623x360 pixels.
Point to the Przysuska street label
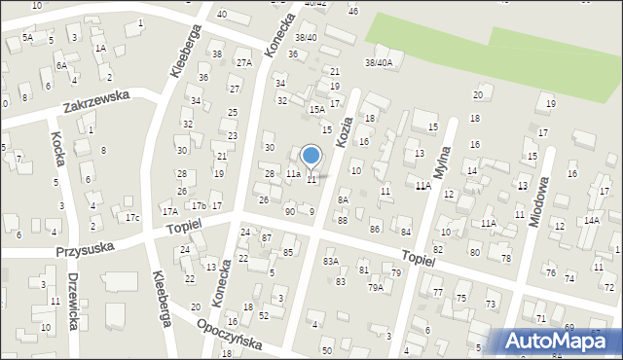click(85, 247)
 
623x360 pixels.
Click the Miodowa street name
click(537, 200)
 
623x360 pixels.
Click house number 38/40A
click(378, 62)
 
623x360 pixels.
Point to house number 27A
click(243, 62)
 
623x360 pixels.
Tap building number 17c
click(131, 216)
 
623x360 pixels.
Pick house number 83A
click(331, 261)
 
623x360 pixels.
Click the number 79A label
click(375, 287)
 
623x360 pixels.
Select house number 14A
click(591, 220)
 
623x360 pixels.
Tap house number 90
click(289, 211)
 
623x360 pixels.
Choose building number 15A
click(316, 110)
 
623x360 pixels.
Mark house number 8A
click(343, 199)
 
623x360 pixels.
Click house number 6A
click(60, 65)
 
